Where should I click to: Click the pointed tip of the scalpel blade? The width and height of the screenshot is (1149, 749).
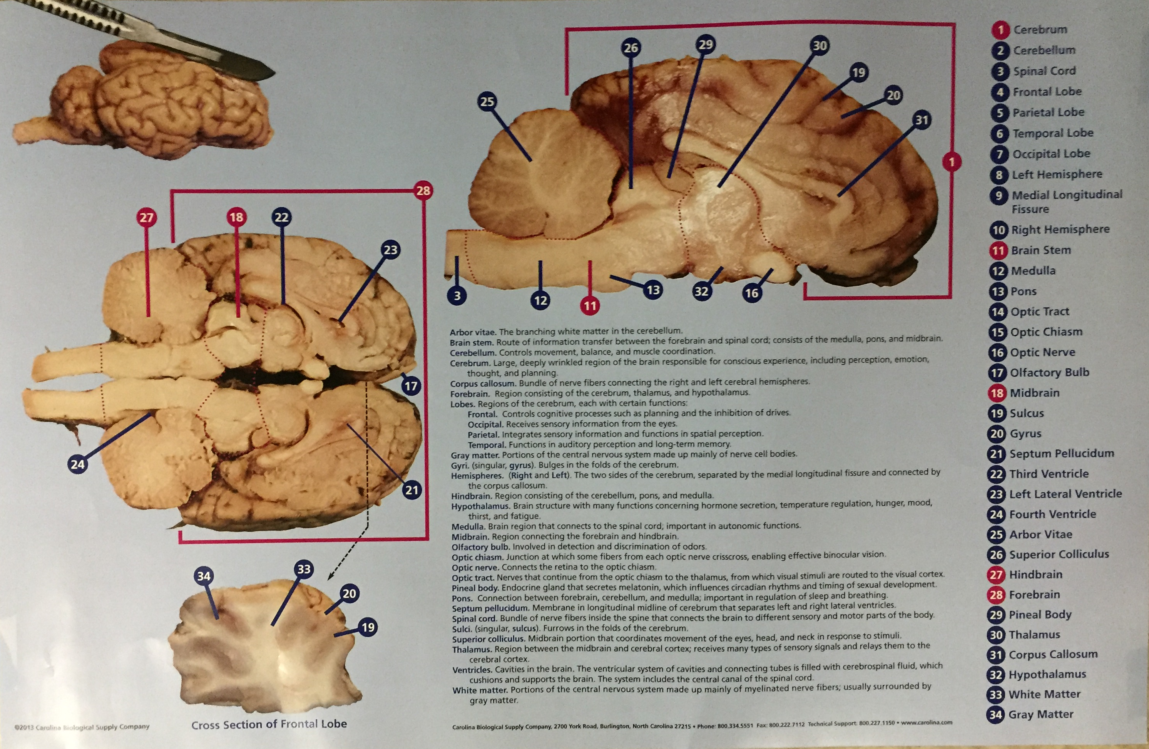(274, 74)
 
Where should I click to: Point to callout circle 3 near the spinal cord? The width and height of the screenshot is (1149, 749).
(457, 295)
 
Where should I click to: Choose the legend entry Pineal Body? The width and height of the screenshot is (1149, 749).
(1040, 615)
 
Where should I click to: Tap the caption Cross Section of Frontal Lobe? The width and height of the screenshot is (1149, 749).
(269, 724)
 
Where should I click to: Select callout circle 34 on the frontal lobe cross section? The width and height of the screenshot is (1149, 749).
(204, 576)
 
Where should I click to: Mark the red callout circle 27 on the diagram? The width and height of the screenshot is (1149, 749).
(146, 217)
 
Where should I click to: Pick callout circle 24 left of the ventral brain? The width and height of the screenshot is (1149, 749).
(77, 464)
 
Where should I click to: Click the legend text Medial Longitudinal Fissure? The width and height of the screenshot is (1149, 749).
(1067, 202)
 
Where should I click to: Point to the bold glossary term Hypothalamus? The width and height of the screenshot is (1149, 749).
(480, 506)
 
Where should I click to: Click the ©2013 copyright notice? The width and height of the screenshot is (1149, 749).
(82, 726)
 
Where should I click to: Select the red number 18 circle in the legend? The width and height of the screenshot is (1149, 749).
(997, 393)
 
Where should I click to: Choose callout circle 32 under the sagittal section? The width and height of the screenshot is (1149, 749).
(701, 291)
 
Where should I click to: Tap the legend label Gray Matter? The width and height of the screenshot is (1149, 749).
(1041, 714)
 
